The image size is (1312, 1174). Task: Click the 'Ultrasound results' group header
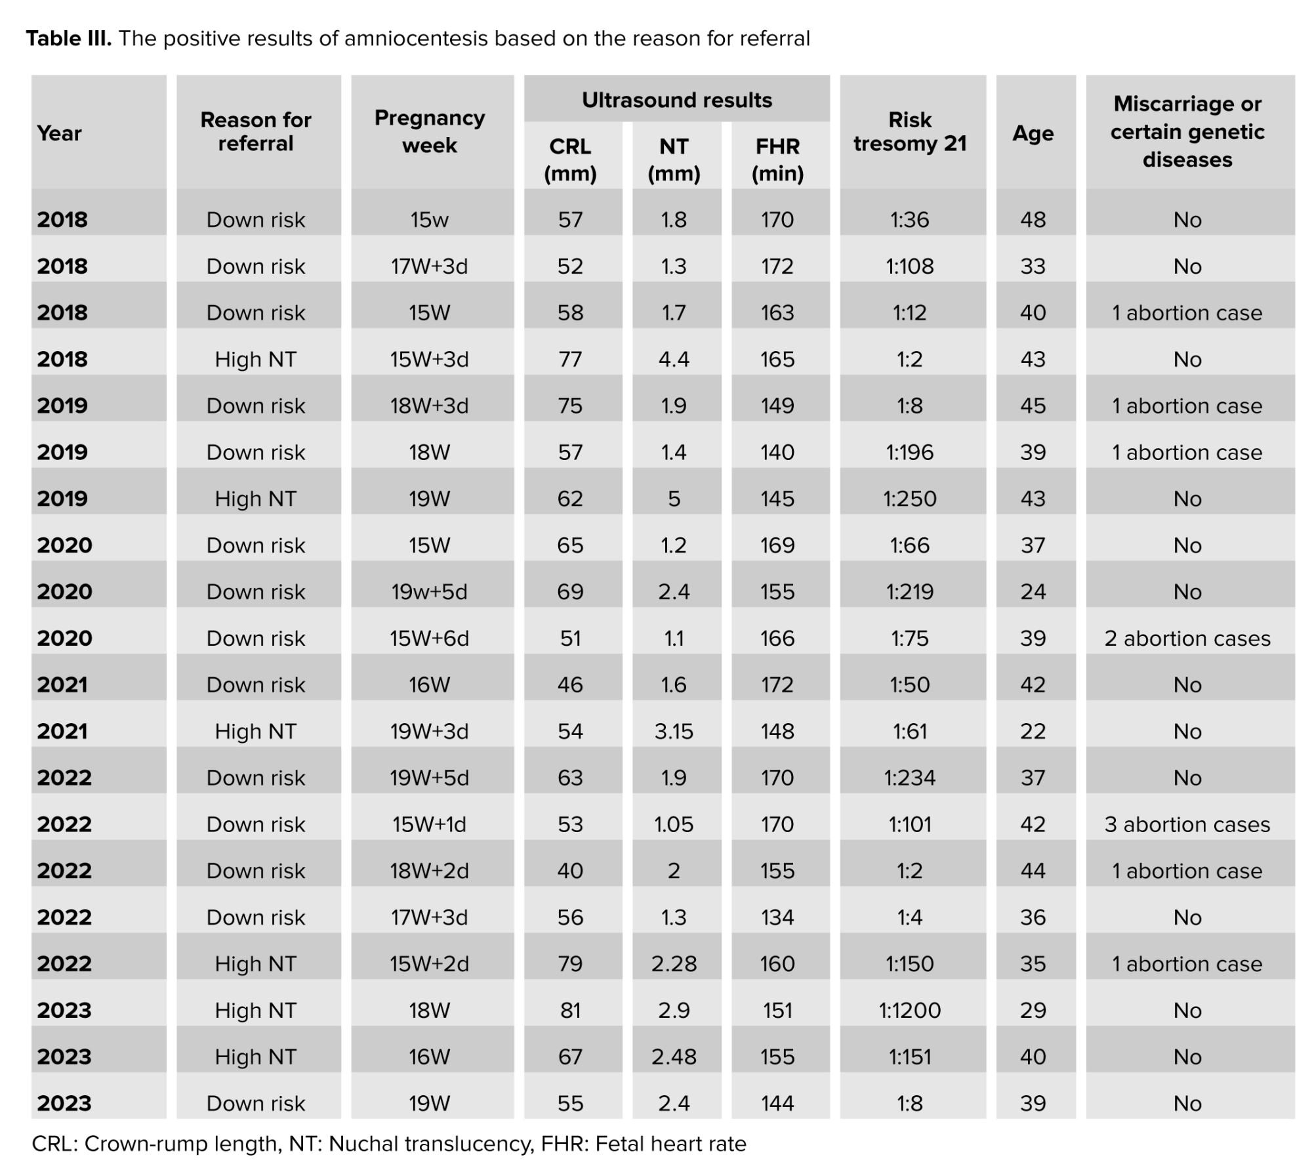[x=676, y=100]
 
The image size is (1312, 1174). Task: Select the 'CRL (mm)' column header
[x=570, y=159]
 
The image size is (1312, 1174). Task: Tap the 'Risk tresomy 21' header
[x=910, y=132]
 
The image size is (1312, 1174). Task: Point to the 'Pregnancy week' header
[x=430, y=131]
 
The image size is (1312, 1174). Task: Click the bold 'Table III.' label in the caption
[x=69, y=39]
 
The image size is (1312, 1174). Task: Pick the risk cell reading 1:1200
[x=910, y=1010]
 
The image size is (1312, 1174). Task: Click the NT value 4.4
[x=674, y=359]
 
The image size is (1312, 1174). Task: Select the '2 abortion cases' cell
[x=1187, y=639]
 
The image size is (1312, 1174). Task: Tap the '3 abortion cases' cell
[x=1187, y=824]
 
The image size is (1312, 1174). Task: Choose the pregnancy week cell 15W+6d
[x=430, y=639]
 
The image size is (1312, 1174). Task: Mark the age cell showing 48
[x=1033, y=220]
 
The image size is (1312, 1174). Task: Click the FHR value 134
[x=777, y=917]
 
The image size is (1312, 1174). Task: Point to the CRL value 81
[x=570, y=1010]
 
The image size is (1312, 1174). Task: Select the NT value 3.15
[x=674, y=731]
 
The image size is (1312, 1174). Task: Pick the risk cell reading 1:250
[x=910, y=499]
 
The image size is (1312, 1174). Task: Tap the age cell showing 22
[x=1033, y=731]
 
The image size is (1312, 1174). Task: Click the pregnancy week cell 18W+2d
[x=430, y=871]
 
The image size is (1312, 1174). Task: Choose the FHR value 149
[x=777, y=406]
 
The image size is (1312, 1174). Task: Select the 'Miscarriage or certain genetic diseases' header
[x=1187, y=131]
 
